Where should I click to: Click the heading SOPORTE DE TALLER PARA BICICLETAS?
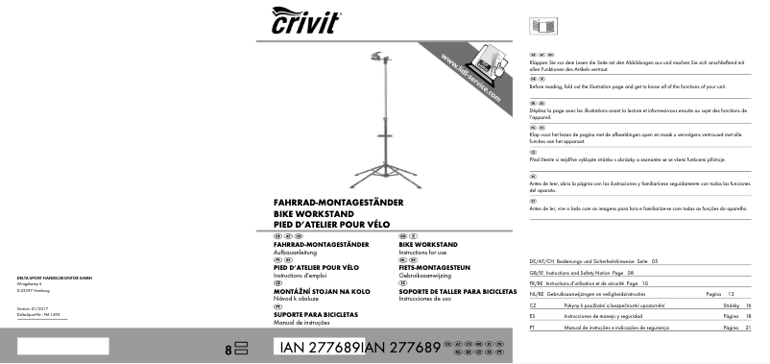pyautogui.click(x=458, y=291)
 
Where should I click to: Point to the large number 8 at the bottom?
pyautogui.click(x=229, y=350)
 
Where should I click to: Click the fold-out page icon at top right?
pyautogui.click(x=538, y=25)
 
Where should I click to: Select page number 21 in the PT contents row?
pyautogui.click(x=746, y=327)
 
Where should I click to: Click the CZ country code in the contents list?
pyautogui.click(x=533, y=303)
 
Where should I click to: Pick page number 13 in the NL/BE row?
pyautogui.click(x=730, y=292)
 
